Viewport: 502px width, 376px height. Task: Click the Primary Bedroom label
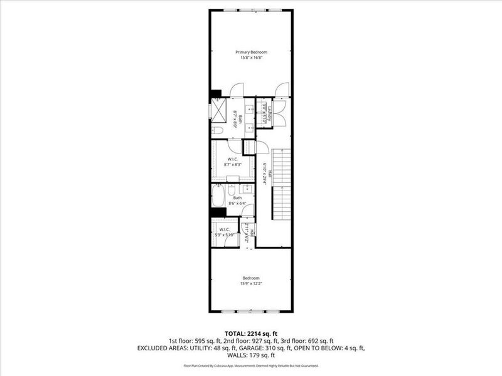[x=251, y=51]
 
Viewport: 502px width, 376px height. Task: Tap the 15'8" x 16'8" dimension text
[x=251, y=57]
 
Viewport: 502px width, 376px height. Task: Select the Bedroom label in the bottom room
[x=251, y=278]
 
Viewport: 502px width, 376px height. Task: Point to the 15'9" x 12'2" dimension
[x=251, y=283]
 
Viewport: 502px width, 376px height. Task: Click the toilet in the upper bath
[x=216, y=131]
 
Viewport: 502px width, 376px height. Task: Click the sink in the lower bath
[x=247, y=187]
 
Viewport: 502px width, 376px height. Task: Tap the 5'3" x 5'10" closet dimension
[x=225, y=235]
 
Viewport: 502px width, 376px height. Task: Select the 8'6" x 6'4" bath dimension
[x=233, y=203]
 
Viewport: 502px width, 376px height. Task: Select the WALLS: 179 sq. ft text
[x=251, y=355]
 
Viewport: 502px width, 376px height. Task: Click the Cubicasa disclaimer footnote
[x=251, y=365]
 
